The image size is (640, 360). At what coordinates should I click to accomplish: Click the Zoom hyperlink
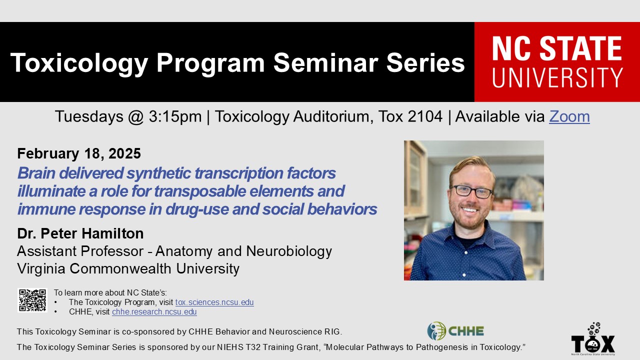(569, 116)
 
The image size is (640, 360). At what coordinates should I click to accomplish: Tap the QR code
(32, 300)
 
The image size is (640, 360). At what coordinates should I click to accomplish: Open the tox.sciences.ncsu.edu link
(214, 302)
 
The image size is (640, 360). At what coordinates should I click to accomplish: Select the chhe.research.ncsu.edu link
(154, 311)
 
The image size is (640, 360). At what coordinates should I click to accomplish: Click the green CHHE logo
(455, 331)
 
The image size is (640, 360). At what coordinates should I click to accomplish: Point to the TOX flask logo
(593, 338)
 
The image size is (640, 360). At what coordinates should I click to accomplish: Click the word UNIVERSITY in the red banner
(557, 77)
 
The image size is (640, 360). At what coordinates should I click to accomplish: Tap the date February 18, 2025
(79, 153)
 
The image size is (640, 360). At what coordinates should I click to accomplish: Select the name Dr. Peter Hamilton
(80, 233)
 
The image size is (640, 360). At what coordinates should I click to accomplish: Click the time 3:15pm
(175, 116)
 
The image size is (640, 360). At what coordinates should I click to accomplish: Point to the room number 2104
(425, 116)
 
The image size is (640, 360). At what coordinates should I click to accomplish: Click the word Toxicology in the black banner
(79, 63)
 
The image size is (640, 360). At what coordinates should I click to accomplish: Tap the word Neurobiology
(289, 251)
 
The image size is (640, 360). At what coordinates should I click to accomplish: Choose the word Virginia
(41, 269)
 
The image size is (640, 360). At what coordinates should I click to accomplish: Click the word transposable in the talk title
(200, 191)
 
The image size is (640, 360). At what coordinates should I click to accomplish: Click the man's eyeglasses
(471, 191)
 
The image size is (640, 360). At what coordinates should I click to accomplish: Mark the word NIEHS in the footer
(230, 347)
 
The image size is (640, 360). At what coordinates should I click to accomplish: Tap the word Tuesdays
(89, 117)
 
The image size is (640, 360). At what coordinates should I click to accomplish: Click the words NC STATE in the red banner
(557, 48)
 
